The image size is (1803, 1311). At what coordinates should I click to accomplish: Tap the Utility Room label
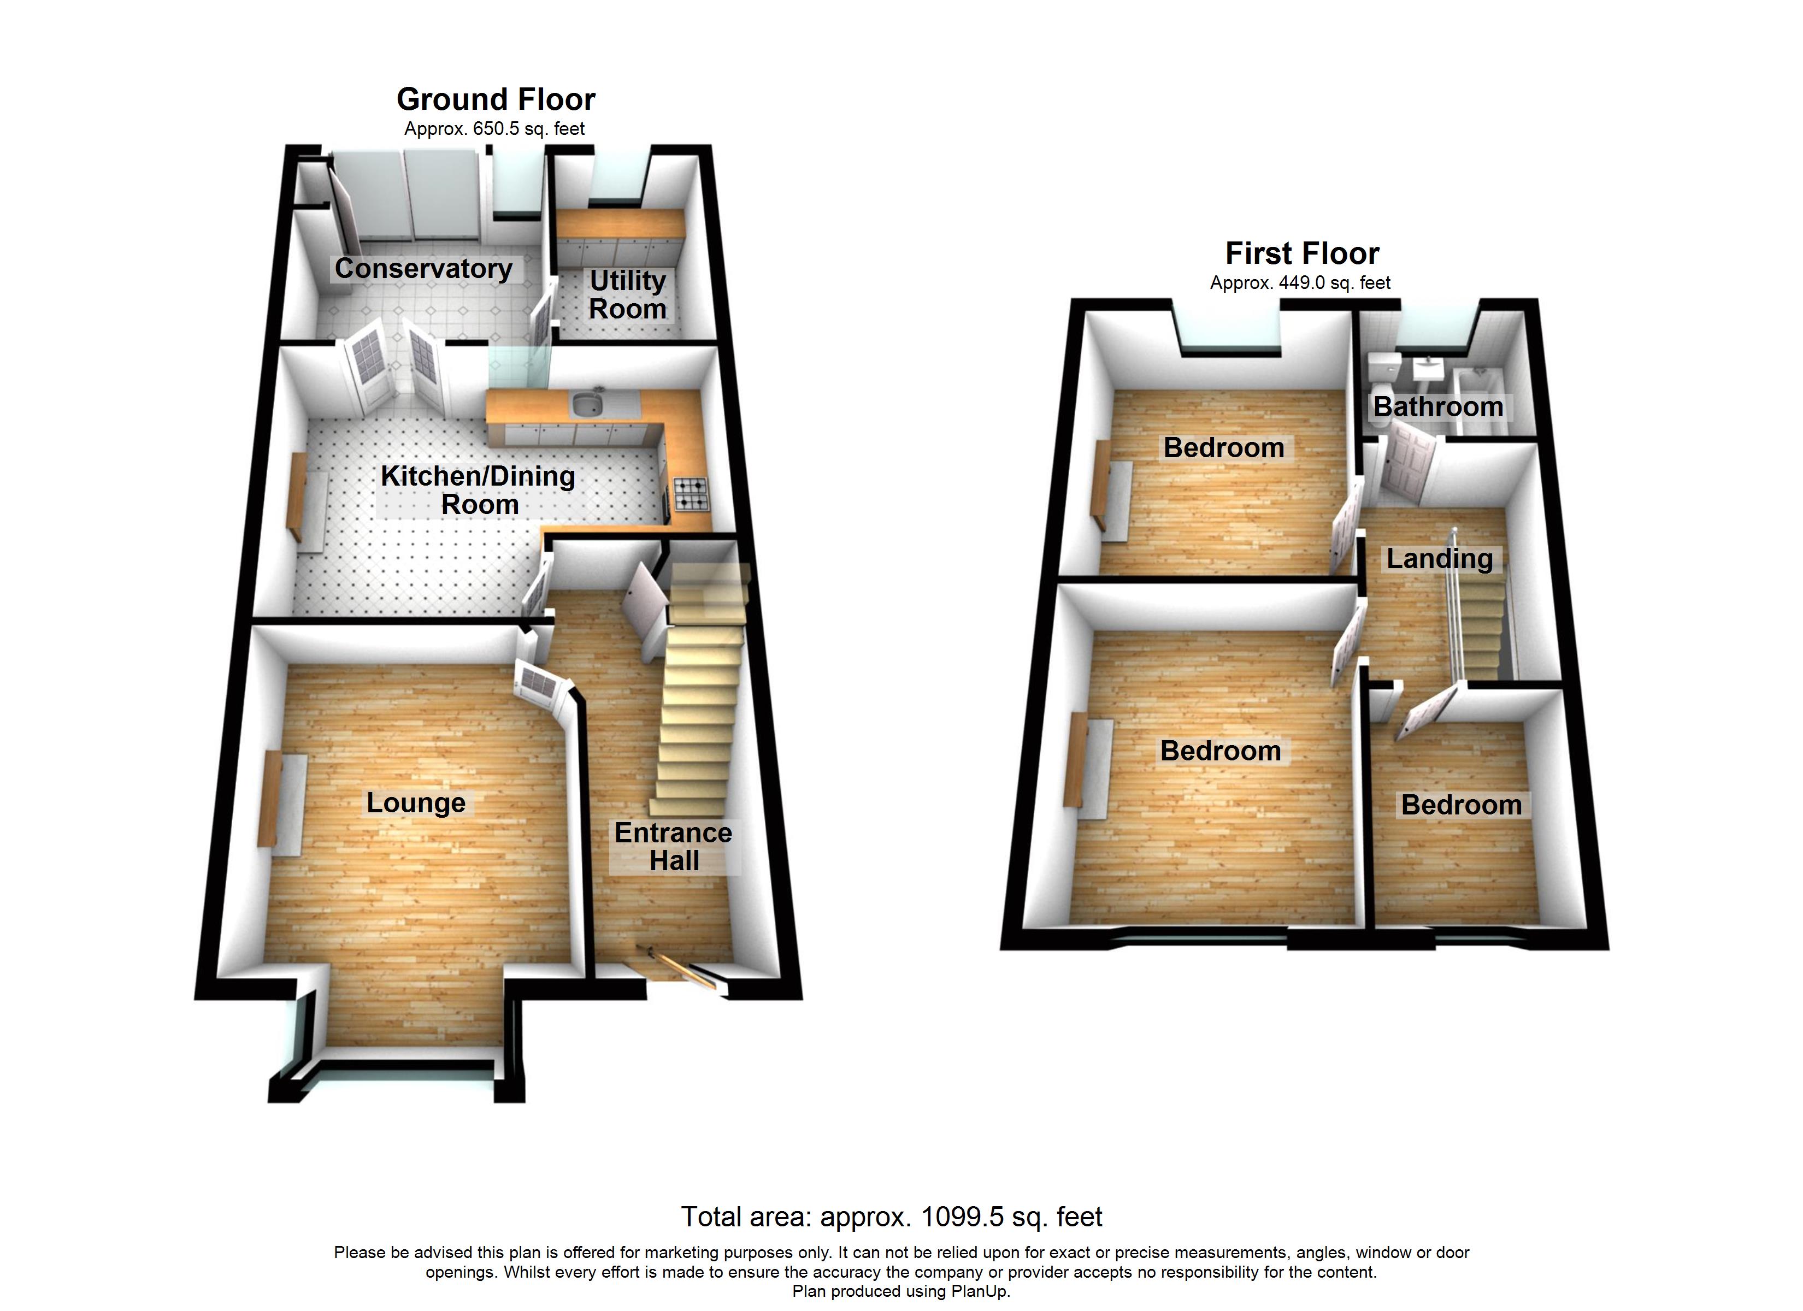tap(627, 294)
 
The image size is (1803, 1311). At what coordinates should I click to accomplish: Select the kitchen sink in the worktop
tap(587, 405)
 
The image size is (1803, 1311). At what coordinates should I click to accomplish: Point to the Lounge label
tap(416, 803)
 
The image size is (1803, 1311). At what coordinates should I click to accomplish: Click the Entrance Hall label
tap(673, 847)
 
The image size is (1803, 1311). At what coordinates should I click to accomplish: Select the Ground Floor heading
tap(496, 99)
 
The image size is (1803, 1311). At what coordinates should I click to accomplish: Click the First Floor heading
tap(1302, 253)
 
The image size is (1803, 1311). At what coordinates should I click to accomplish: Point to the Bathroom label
tap(1438, 407)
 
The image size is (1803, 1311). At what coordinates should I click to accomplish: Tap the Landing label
tap(1440, 559)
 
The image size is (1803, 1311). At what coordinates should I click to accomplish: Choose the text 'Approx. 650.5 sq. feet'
tap(494, 129)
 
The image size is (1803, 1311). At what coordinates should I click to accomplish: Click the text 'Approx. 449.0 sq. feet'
tap(1300, 283)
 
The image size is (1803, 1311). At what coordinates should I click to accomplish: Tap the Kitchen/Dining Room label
tap(479, 490)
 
